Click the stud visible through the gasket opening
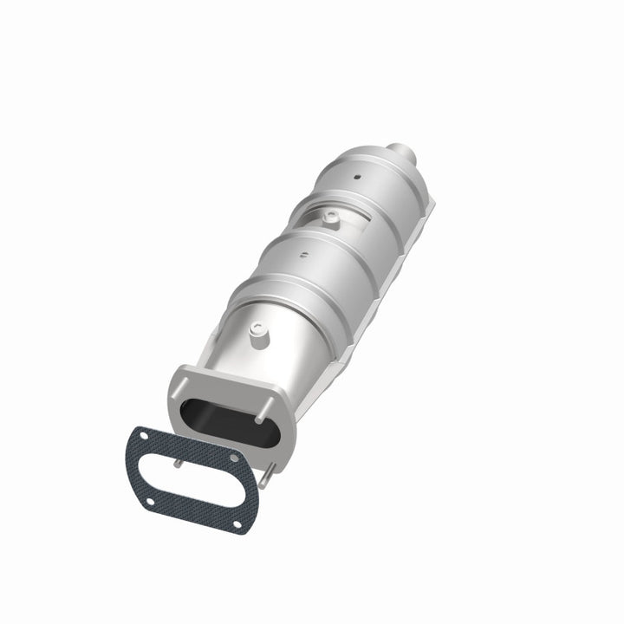(x=178, y=461)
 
